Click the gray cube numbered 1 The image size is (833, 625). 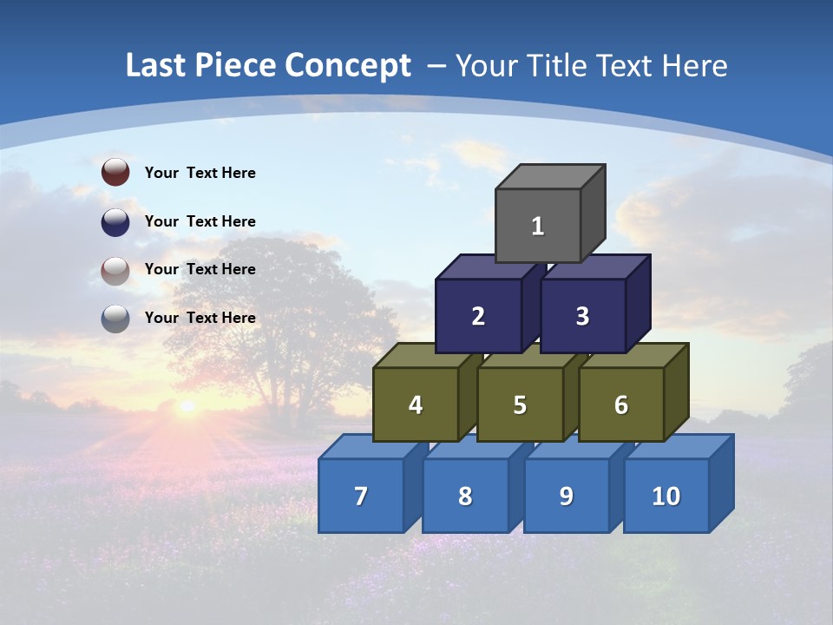click(538, 226)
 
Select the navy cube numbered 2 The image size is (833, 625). click(478, 316)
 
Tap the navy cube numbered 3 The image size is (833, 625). click(583, 316)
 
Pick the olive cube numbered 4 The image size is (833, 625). click(416, 405)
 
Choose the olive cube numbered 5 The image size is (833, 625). click(520, 405)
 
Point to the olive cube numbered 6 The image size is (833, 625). click(621, 405)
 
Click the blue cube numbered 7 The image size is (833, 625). click(361, 496)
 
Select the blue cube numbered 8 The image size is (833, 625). click(465, 496)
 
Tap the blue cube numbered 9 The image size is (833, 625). click(567, 496)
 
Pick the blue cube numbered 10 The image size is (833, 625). click(666, 496)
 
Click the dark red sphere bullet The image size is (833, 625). click(115, 172)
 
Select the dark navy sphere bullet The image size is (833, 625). click(115, 221)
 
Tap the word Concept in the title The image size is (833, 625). click(348, 65)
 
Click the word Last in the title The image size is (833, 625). click(157, 65)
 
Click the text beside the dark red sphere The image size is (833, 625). click(200, 173)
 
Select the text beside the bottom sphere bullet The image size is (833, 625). click(200, 318)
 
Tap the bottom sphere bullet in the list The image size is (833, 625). click(115, 319)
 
